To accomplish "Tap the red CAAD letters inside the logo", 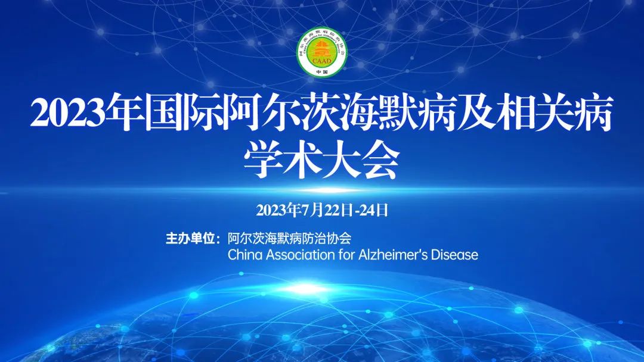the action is [x=322, y=61].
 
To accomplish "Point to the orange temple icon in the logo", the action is [x=322, y=49].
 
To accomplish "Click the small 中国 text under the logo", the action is [x=322, y=72].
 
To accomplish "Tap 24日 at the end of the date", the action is [x=374, y=210].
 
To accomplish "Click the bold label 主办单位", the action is [x=190, y=238].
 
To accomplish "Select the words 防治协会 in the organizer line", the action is [x=327, y=238].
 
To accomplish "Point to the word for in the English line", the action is [x=347, y=255].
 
